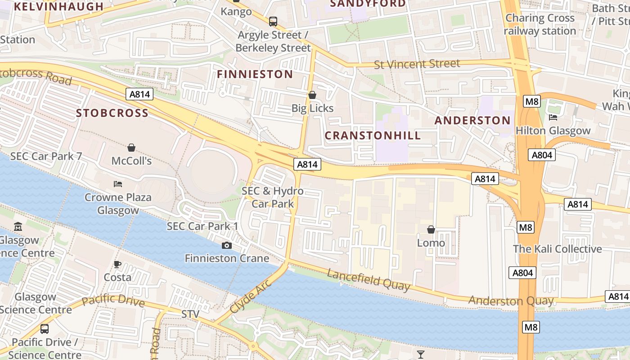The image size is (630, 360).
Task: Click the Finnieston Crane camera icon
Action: point(227,245)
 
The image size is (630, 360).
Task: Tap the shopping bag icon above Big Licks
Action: point(312,95)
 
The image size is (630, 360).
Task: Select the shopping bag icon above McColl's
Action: point(131,147)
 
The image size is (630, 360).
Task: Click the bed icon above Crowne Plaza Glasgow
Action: point(118,184)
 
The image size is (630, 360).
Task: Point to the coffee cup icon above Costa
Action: point(117,264)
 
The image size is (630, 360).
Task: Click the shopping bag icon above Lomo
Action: point(431,229)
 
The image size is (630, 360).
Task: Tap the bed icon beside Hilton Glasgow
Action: point(553,117)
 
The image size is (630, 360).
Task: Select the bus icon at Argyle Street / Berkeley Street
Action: point(273,21)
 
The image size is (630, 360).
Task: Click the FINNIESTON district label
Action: point(255,74)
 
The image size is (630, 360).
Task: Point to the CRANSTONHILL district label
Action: point(373,135)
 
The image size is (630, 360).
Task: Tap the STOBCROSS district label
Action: point(112,113)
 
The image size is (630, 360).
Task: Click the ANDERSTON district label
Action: point(472,121)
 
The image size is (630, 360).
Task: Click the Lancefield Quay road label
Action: point(369,279)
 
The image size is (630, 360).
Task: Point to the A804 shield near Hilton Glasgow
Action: point(543,155)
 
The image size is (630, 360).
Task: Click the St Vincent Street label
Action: point(417,64)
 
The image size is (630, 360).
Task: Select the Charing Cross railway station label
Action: point(540,24)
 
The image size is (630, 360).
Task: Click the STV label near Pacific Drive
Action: point(190,314)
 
